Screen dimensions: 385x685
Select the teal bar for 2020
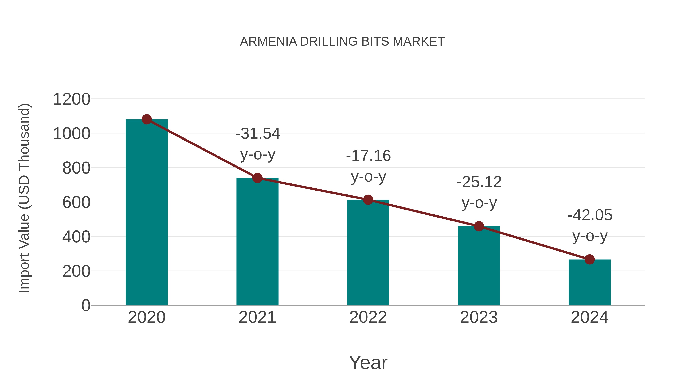(147, 213)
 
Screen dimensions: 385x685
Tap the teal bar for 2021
(257, 242)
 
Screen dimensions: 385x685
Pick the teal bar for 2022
(368, 252)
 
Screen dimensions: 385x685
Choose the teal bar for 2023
(479, 266)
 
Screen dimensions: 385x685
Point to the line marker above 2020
(147, 119)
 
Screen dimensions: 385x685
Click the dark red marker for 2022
(368, 200)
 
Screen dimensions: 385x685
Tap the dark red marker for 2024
(589, 259)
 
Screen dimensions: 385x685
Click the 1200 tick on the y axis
(72, 99)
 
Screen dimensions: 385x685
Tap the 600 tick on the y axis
(76, 202)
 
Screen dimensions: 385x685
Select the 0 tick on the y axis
(86, 306)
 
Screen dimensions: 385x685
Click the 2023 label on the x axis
(479, 318)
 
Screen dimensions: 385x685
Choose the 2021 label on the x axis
(257, 318)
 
